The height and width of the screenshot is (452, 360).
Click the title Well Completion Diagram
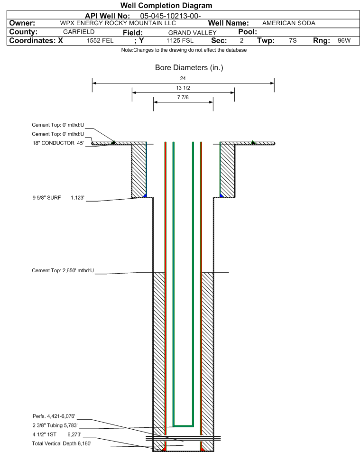[x=166, y=6]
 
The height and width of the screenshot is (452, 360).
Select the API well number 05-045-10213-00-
[x=170, y=16]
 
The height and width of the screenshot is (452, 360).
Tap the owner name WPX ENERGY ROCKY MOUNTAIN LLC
[x=118, y=23]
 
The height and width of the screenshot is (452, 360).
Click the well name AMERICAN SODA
[x=289, y=23]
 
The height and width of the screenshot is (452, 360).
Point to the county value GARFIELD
[x=79, y=32]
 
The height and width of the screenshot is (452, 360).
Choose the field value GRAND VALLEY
[x=192, y=33]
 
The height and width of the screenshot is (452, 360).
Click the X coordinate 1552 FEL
[x=100, y=41]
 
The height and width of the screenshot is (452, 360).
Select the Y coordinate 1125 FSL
[x=180, y=41]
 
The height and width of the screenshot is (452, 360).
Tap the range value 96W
[x=344, y=40]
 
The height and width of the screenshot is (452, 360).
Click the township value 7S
[x=293, y=40]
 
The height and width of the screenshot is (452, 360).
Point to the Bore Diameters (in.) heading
[x=189, y=67]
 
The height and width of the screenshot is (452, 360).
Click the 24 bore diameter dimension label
[x=183, y=78]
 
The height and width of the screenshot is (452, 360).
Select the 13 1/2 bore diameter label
[x=183, y=88]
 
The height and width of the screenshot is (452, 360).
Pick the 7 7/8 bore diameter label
[x=183, y=97]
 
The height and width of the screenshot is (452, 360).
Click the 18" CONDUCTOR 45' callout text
[x=58, y=143]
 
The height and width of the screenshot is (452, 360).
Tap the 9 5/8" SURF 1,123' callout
[x=58, y=198]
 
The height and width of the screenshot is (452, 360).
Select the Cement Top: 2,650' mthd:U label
[x=63, y=271]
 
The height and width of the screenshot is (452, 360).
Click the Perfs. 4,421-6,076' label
[x=54, y=416]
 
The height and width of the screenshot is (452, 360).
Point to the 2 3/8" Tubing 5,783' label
[x=55, y=425]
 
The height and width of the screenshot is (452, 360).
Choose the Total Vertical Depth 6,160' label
[x=62, y=443]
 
